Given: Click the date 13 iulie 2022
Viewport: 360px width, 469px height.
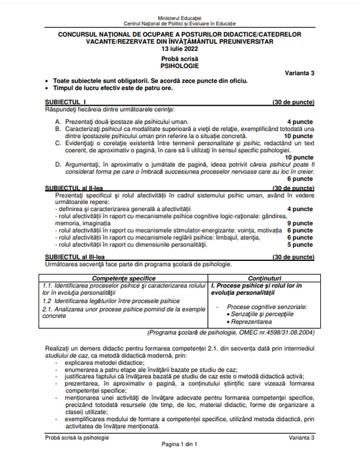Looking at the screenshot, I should (x=179, y=49).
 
